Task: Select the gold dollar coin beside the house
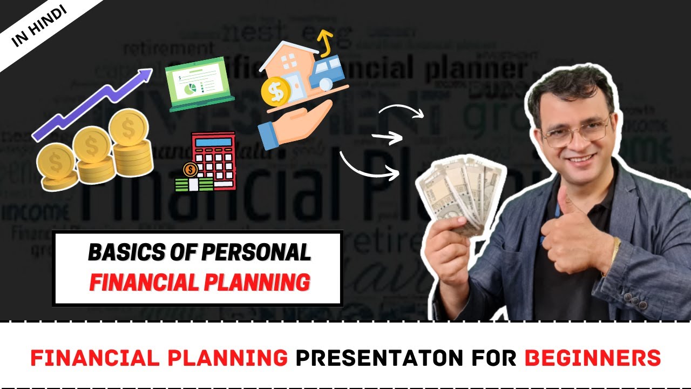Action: [276, 92]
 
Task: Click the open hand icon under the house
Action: [294, 124]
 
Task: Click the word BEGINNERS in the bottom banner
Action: [592, 357]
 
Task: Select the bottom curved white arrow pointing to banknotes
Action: [370, 167]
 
